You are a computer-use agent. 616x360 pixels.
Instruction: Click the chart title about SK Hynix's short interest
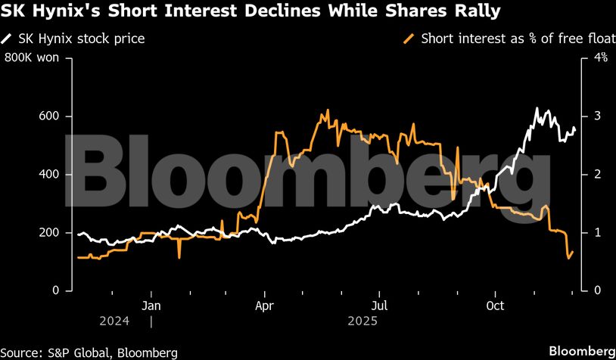point(250,12)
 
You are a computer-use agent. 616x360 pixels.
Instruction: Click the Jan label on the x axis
point(151,306)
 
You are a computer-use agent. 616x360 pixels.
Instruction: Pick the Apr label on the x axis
point(265,306)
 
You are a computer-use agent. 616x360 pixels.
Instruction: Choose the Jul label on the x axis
point(381,306)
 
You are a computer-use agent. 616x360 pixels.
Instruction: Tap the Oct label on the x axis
point(495,306)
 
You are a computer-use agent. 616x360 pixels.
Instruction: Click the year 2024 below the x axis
point(114,321)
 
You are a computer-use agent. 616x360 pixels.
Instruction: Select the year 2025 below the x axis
point(362,321)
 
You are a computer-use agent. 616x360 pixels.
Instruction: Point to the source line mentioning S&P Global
point(89,352)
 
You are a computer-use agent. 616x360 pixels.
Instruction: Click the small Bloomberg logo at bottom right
point(581,351)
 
